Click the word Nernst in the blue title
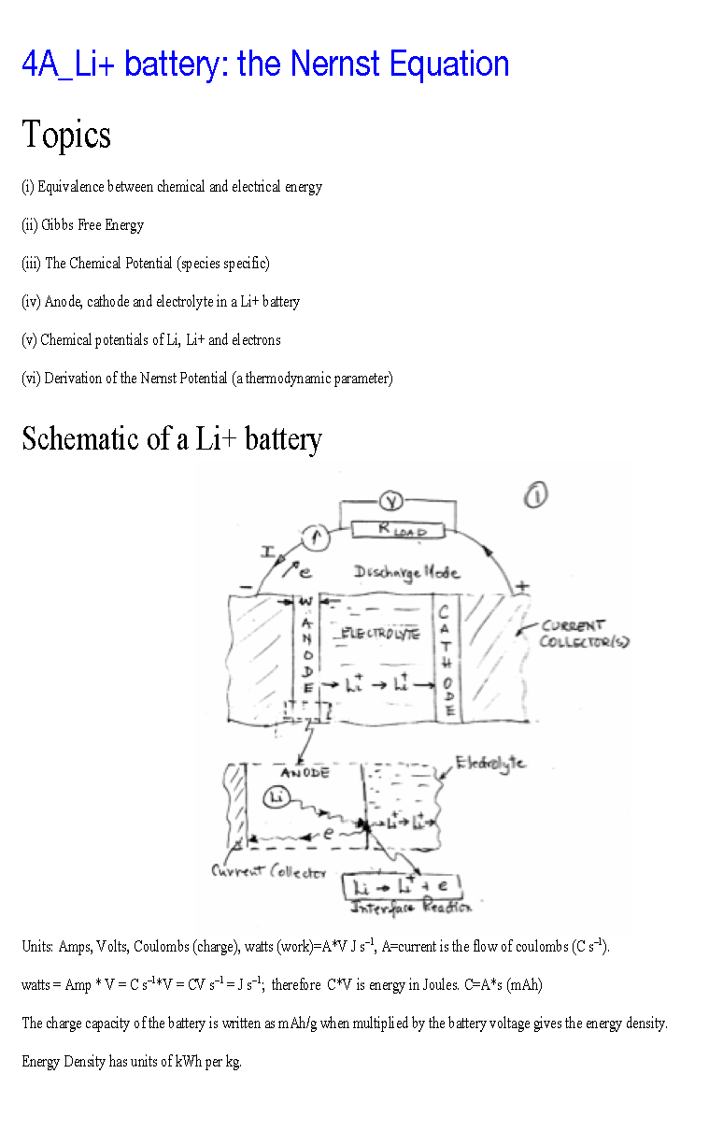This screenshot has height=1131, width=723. click(335, 64)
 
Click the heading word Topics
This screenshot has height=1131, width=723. click(66, 135)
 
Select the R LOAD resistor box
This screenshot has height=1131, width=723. click(402, 529)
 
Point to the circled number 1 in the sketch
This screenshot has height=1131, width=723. click(535, 494)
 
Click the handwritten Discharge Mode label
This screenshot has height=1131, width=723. click(406, 571)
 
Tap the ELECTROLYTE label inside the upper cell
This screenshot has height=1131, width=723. click(380, 633)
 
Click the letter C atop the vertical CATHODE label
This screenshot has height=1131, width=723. click(445, 612)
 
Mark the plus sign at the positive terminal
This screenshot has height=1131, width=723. click(522, 585)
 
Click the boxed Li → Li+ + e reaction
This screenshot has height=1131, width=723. click(404, 886)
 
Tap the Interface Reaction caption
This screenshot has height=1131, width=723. click(411, 908)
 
